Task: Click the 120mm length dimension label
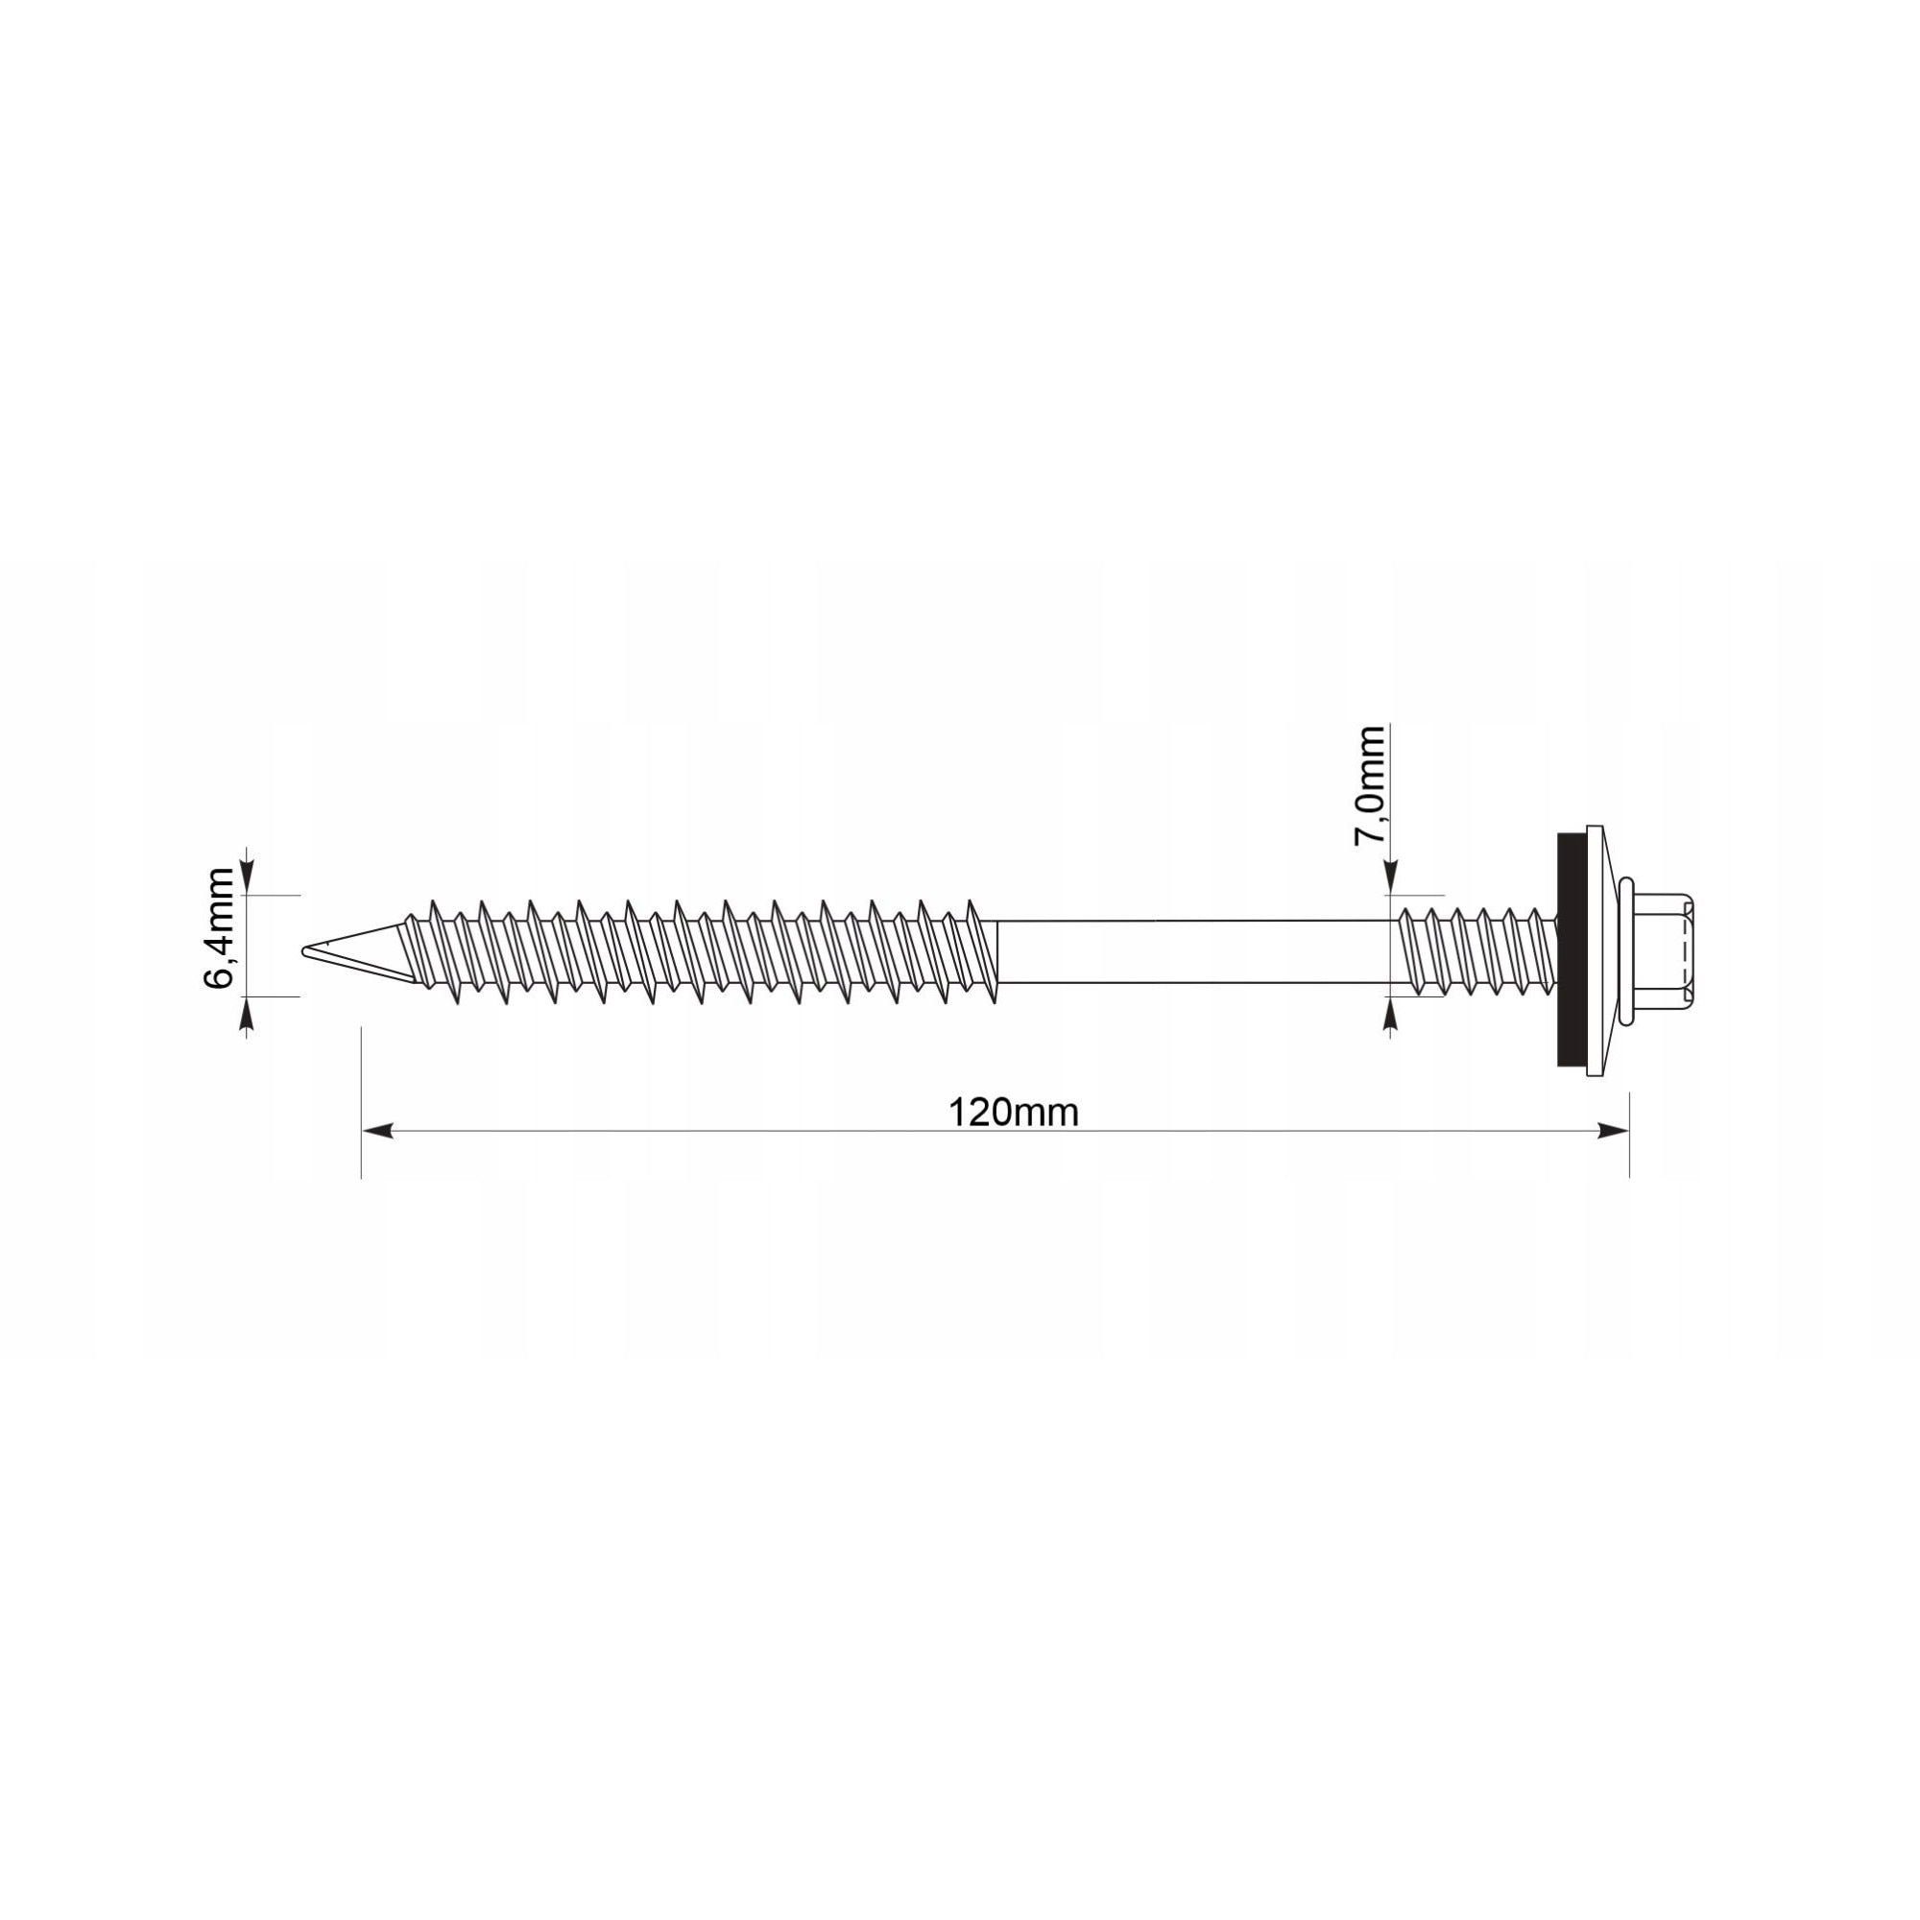point(1013,1112)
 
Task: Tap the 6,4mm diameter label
point(219,928)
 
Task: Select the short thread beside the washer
point(1476,951)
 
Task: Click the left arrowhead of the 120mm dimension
point(376,1131)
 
